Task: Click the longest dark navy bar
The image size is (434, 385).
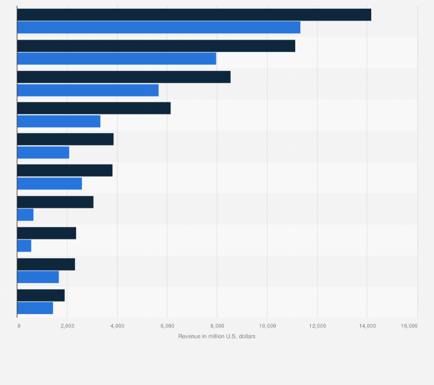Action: click(x=194, y=15)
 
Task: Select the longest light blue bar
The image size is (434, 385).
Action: click(x=159, y=27)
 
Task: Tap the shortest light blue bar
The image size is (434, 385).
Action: click(x=24, y=246)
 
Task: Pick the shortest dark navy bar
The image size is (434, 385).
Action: click(x=41, y=295)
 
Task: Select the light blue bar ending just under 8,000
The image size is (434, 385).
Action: click(x=117, y=59)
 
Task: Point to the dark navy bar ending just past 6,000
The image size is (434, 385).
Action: click(x=94, y=108)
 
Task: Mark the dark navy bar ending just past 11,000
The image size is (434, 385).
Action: click(x=156, y=46)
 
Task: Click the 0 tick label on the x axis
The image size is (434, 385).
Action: click(x=18, y=326)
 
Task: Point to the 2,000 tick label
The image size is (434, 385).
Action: click(x=67, y=326)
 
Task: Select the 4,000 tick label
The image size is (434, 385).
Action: click(x=117, y=326)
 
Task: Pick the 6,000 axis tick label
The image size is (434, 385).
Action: click(x=167, y=326)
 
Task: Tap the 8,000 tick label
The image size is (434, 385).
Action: click(x=217, y=326)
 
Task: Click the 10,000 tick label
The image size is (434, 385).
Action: click(x=267, y=326)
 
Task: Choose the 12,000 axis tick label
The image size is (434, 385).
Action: click(x=317, y=326)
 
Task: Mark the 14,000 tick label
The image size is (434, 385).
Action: click(x=367, y=326)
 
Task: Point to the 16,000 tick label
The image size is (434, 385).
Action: click(x=409, y=326)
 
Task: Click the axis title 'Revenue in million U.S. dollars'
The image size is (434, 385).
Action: click(x=217, y=336)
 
